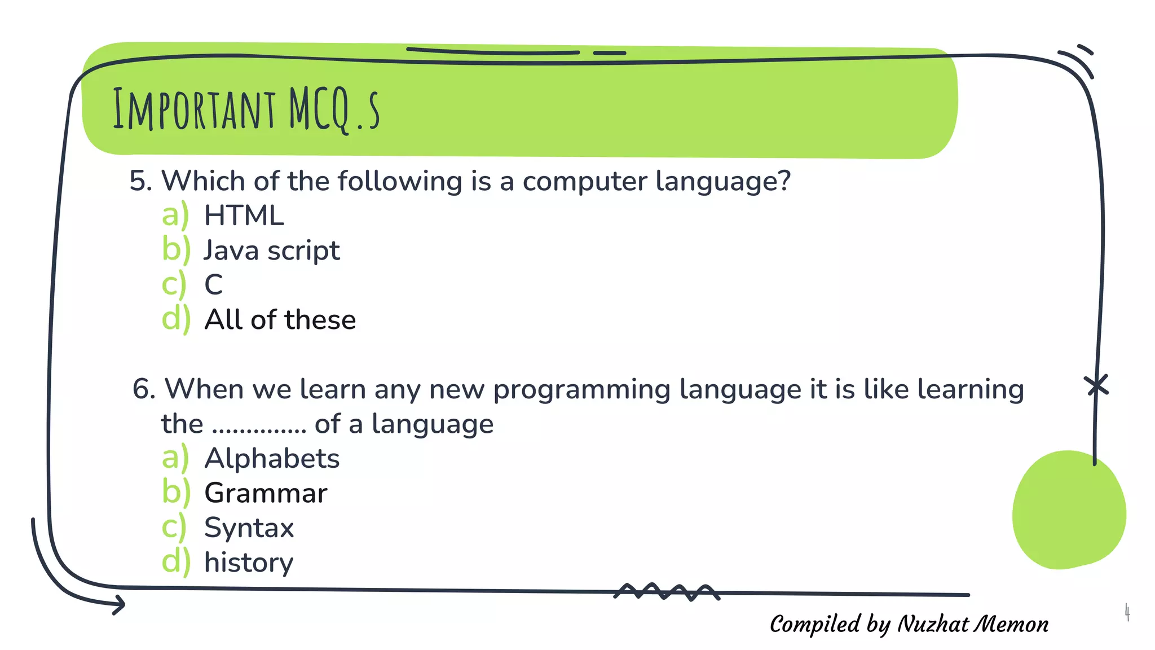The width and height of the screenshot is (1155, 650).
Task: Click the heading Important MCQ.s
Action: (x=246, y=109)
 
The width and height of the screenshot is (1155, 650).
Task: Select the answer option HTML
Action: (x=244, y=216)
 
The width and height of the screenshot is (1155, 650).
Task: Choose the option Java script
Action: (x=271, y=251)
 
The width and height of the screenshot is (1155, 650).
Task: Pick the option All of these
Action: (x=280, y=320)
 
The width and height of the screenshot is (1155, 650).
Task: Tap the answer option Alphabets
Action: (x=272, y=458)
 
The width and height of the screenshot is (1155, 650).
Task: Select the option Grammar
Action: (x=266, y=493)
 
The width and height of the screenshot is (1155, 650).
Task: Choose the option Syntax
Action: (x=249, y=528)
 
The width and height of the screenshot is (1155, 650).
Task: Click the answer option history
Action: (x=249, y=563)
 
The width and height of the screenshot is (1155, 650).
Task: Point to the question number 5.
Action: (x=140, y=182)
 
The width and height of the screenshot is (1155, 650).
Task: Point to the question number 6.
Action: (x=143, y=389)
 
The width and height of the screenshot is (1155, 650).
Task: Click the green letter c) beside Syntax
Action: (x=174, y=528)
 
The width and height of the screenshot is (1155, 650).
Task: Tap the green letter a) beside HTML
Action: (x=175, y=216)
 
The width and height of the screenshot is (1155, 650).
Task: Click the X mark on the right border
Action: (x=1096, y=386)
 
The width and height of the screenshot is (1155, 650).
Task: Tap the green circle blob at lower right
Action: (x=1068, y=510)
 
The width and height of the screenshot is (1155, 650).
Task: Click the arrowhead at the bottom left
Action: (x=119, y=605)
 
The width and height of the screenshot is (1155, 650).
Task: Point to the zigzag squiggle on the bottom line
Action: (x=667, y=592)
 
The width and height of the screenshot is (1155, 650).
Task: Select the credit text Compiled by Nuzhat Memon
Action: (x=909, y=624)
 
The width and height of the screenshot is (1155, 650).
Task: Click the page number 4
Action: (x=1127, y=612)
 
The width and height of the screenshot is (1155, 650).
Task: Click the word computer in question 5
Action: (x=584, y=182)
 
